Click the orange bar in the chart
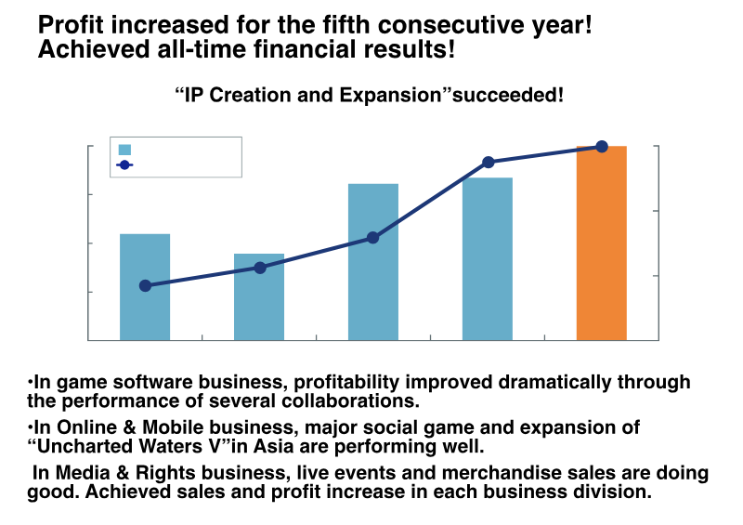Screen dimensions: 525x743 click(x=601, y=243)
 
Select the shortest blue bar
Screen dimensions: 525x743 click(x=259, y=296)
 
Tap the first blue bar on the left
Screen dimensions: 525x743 click(x=145, y=287)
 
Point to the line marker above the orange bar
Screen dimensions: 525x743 click(x=602, y=146)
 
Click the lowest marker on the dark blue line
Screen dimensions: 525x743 click(x=145, y=285)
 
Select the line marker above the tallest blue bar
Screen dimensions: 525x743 click(x=489, y=162)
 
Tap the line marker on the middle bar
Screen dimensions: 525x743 click(x=372, y=238)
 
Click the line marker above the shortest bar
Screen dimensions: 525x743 click(x=260, y=268)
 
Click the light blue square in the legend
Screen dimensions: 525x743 click(x=124, y=150)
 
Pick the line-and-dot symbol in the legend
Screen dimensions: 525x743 click(x=124, y=165)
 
